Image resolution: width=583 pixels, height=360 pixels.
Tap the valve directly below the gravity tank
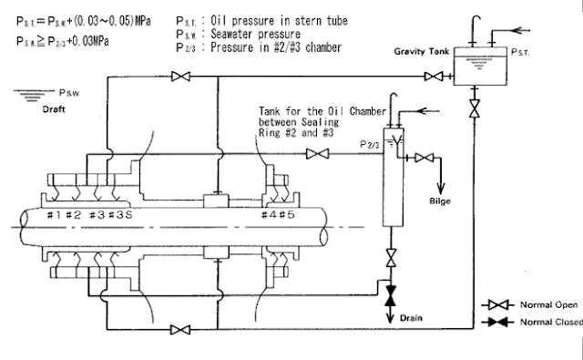pyautogui.click(x=475, y=108)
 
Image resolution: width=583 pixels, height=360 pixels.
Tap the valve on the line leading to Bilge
pyautogui.click(x=422, y=158)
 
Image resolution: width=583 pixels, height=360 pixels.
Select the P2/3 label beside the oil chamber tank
pyautogui.click(x=370, y=143)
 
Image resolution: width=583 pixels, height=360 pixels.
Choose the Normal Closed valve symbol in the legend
pyautogui.click(x=495, y=323)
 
